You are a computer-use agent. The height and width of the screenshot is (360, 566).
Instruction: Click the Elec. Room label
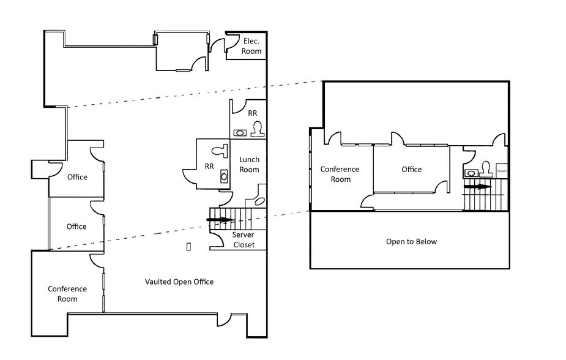coord(251,46)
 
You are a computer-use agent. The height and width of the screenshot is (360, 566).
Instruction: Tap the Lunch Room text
coord(249,164)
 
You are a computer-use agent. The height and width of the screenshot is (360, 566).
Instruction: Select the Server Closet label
coord(242,240)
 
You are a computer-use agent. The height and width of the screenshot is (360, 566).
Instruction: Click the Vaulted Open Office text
coord(179,282)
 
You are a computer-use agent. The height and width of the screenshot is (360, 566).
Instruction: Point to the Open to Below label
coord(411,241)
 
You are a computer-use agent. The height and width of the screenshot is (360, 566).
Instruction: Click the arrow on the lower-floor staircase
coord(220,219)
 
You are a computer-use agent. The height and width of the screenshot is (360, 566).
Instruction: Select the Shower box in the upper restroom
coord(502,171)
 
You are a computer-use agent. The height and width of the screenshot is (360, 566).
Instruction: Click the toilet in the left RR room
coord(218,149)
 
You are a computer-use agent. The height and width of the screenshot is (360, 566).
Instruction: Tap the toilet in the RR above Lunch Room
coord(257,129)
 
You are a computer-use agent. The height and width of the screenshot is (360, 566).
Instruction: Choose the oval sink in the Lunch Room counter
coord(259,200)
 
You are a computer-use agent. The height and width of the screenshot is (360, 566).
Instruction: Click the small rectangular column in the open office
coord(188,246)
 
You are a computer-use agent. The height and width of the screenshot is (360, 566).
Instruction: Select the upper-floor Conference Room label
coord(341,174)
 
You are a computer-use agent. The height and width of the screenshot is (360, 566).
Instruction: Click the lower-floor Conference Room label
coord(67,294)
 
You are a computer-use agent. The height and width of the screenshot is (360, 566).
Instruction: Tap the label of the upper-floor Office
coord(411,170)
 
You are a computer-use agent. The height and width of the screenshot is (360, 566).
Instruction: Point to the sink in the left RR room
coord(223,176)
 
